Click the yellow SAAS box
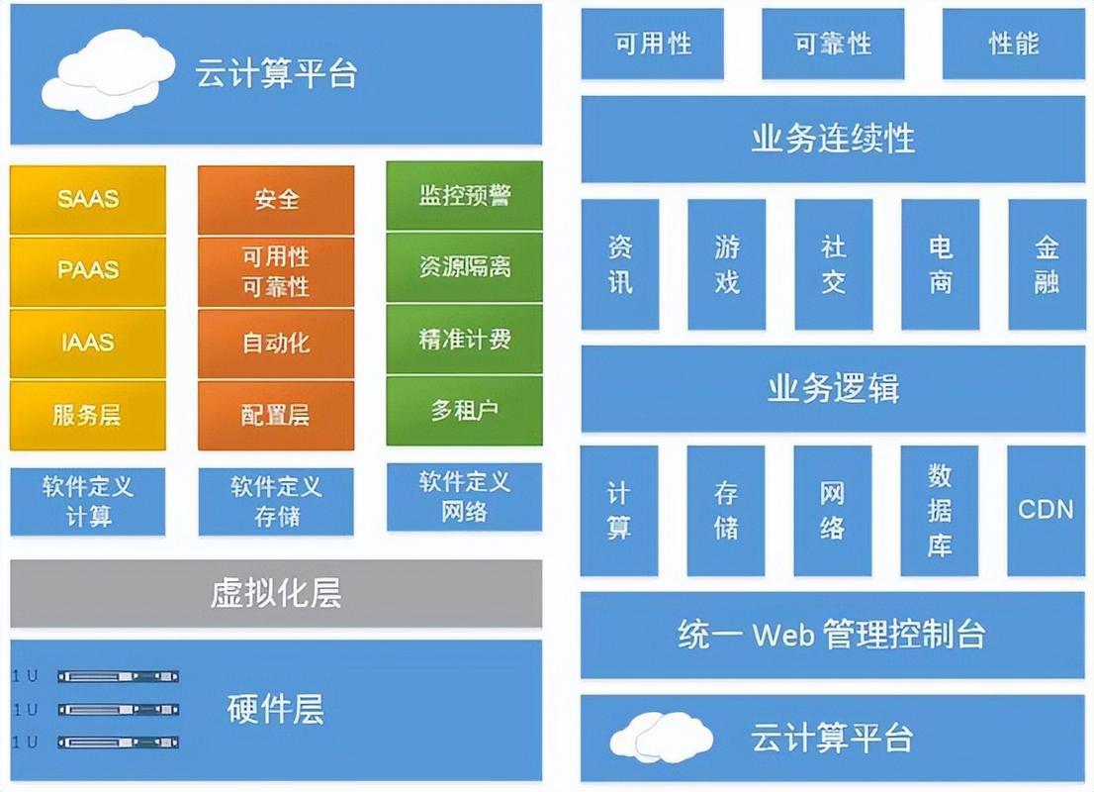click(x=88, y=199)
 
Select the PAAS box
click(x=88, y=270)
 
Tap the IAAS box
click(x=88, y=343)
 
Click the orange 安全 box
click(x=276, y=199)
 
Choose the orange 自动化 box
click(x=276, y=343)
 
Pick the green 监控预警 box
click(x=464, y=195)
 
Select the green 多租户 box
click(x=464, y=410)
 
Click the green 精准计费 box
click(x=464, y=339)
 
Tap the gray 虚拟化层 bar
click(x=276, y=593)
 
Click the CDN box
click(x=1046, y=510)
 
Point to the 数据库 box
click(x=939, y=510)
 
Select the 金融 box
click(x=1046, y=264)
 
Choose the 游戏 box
click(x=726, y=264)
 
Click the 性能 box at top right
click(x=1013, y=44)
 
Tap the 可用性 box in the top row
click(x=652, y=44)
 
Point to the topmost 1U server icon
click(x=118, y=676)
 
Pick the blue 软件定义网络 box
click(x=464, y=497)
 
